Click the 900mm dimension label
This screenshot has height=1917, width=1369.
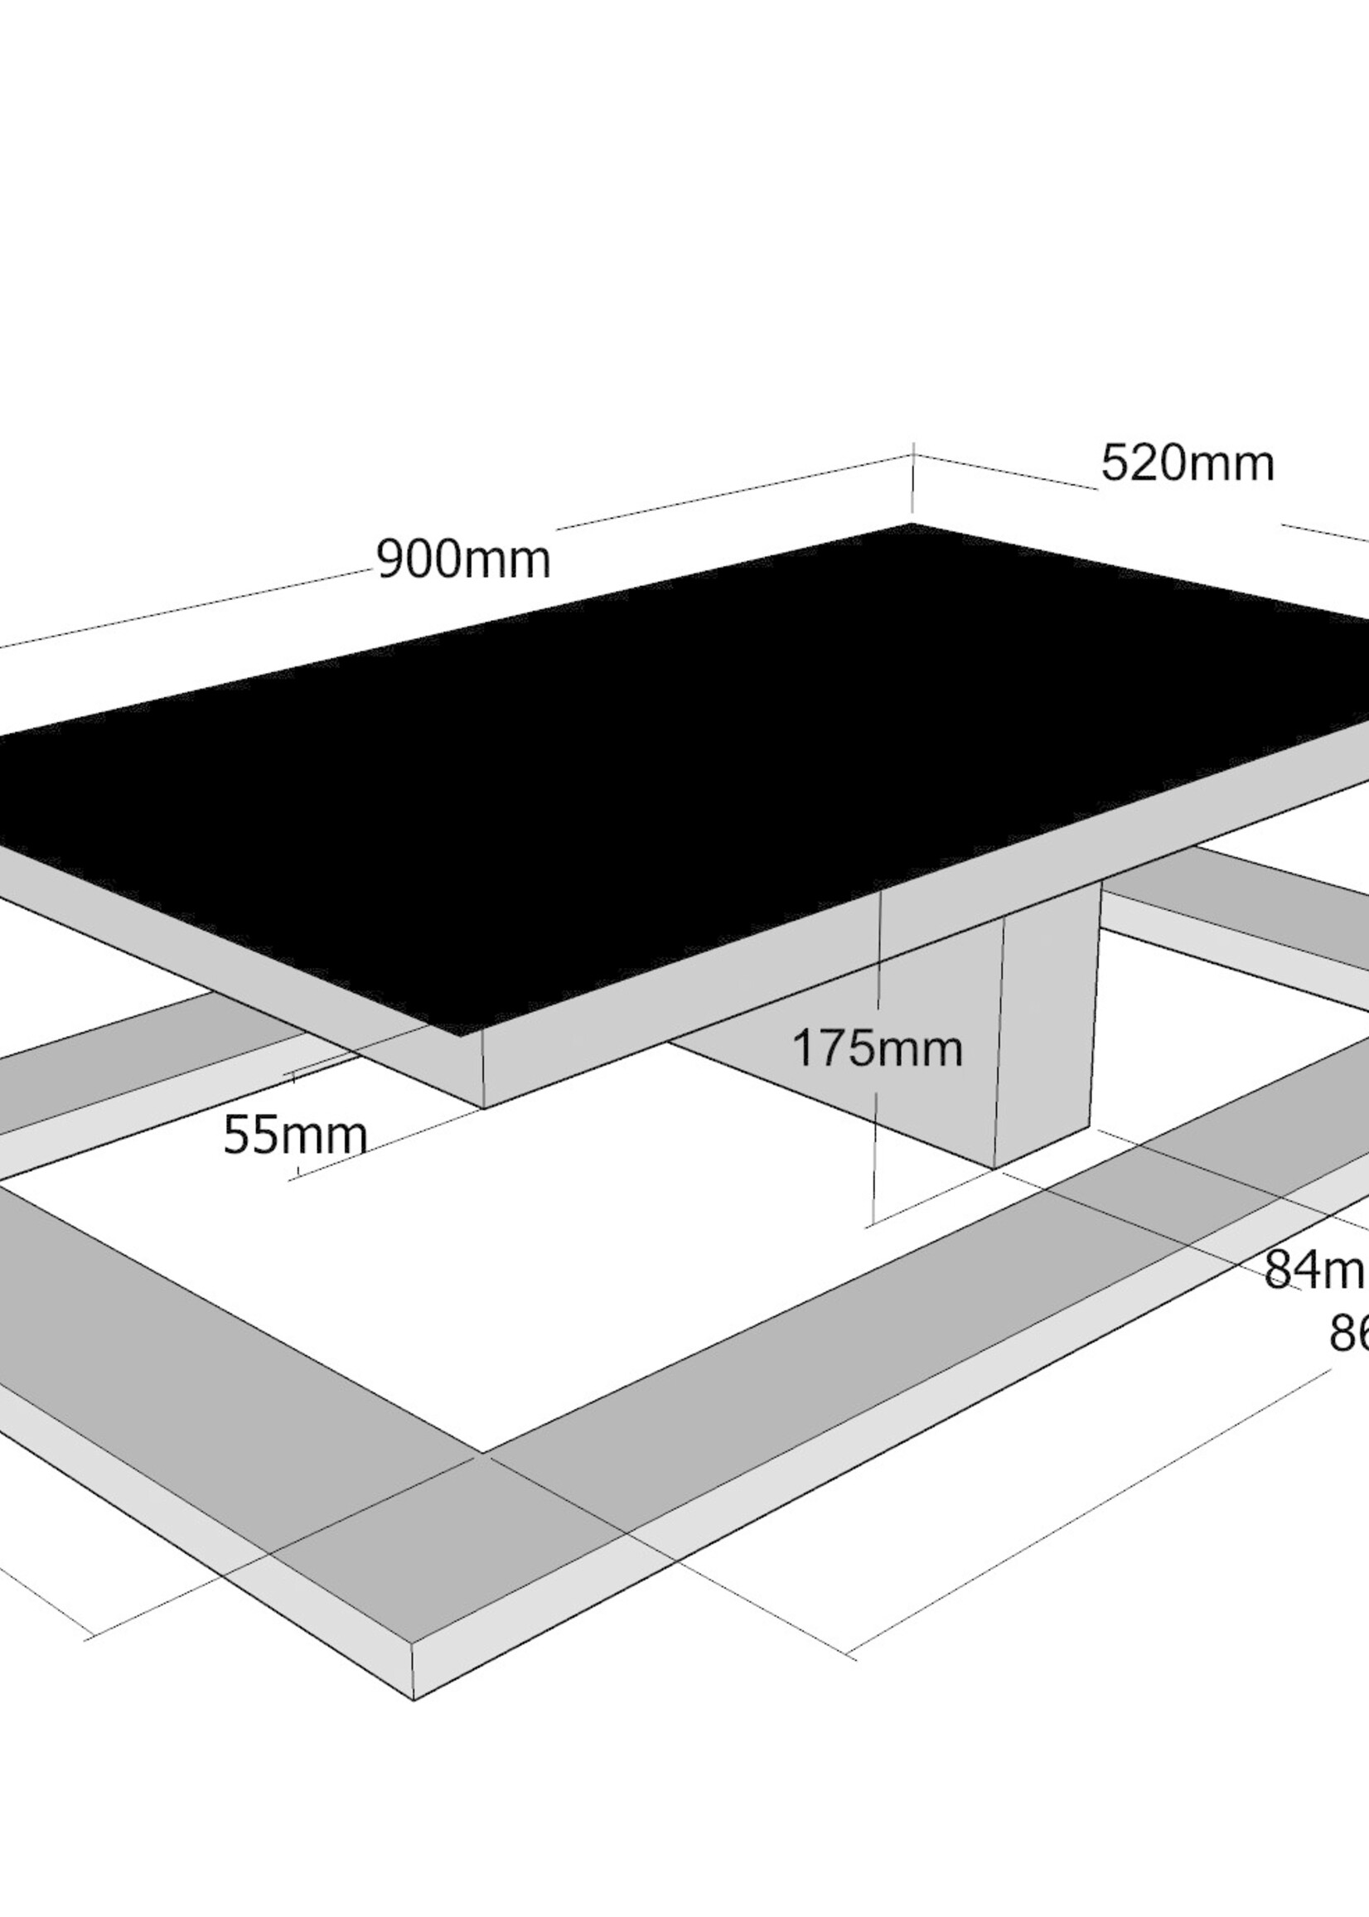coord(462,559)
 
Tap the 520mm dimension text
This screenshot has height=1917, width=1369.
coord(1187,463)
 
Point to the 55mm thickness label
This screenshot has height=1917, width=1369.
coord(295,1136)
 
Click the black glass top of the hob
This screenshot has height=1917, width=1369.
coord(675,758)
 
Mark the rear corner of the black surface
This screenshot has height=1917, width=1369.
coord(912,525)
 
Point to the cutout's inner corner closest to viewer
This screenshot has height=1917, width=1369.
coord(482,1452)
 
